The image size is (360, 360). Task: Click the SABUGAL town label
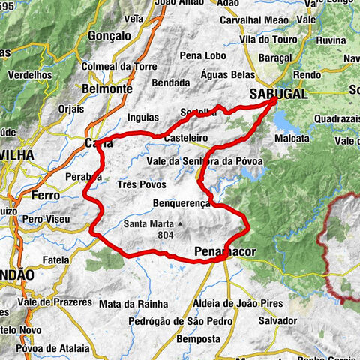click(277, 90)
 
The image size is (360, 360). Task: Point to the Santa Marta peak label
click(149, 224)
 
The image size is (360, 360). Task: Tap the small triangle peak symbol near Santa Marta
click(181, 224)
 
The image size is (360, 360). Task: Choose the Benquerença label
click(182, 202)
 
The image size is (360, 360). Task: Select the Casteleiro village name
click(185, 139)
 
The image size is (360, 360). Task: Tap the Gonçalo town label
click(109, 35)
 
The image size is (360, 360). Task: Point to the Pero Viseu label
click(46, 218)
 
